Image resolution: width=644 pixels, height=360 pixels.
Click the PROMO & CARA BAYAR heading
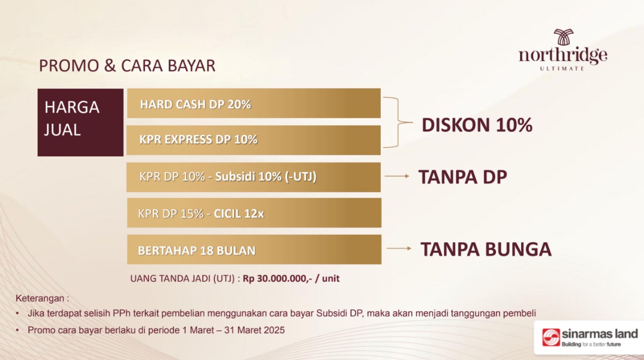coord(127,65)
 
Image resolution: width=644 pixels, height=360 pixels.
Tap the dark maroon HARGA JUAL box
coord(80,122)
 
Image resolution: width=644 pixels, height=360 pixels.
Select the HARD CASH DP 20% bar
coord(254,103)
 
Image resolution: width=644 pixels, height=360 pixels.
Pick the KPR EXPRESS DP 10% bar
coord(254,140)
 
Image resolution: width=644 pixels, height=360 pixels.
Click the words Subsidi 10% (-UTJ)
coord(266,176)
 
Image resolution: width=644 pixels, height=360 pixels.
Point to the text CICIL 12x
coord(238,214)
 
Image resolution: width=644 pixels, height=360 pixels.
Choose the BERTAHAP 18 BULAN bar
coord(254,249)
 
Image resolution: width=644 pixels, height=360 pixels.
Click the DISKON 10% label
coord(477,125)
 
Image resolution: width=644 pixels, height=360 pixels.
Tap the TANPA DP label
coord(462,176)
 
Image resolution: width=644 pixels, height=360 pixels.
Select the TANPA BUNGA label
coord(486,249)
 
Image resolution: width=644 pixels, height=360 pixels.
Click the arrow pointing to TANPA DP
coord(397,176)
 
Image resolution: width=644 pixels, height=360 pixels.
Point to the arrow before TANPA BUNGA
coord(399,248)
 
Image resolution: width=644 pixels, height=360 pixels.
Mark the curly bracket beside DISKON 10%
coord(398,122)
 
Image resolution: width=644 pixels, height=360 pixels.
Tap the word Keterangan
coord(40,298)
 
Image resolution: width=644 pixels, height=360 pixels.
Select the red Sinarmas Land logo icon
coord(551,337)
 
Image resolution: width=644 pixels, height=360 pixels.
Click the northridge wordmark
coord(563,55)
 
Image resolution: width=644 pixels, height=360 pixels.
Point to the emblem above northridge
coord(563,37)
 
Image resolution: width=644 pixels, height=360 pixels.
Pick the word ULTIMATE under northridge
coord(562,69)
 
